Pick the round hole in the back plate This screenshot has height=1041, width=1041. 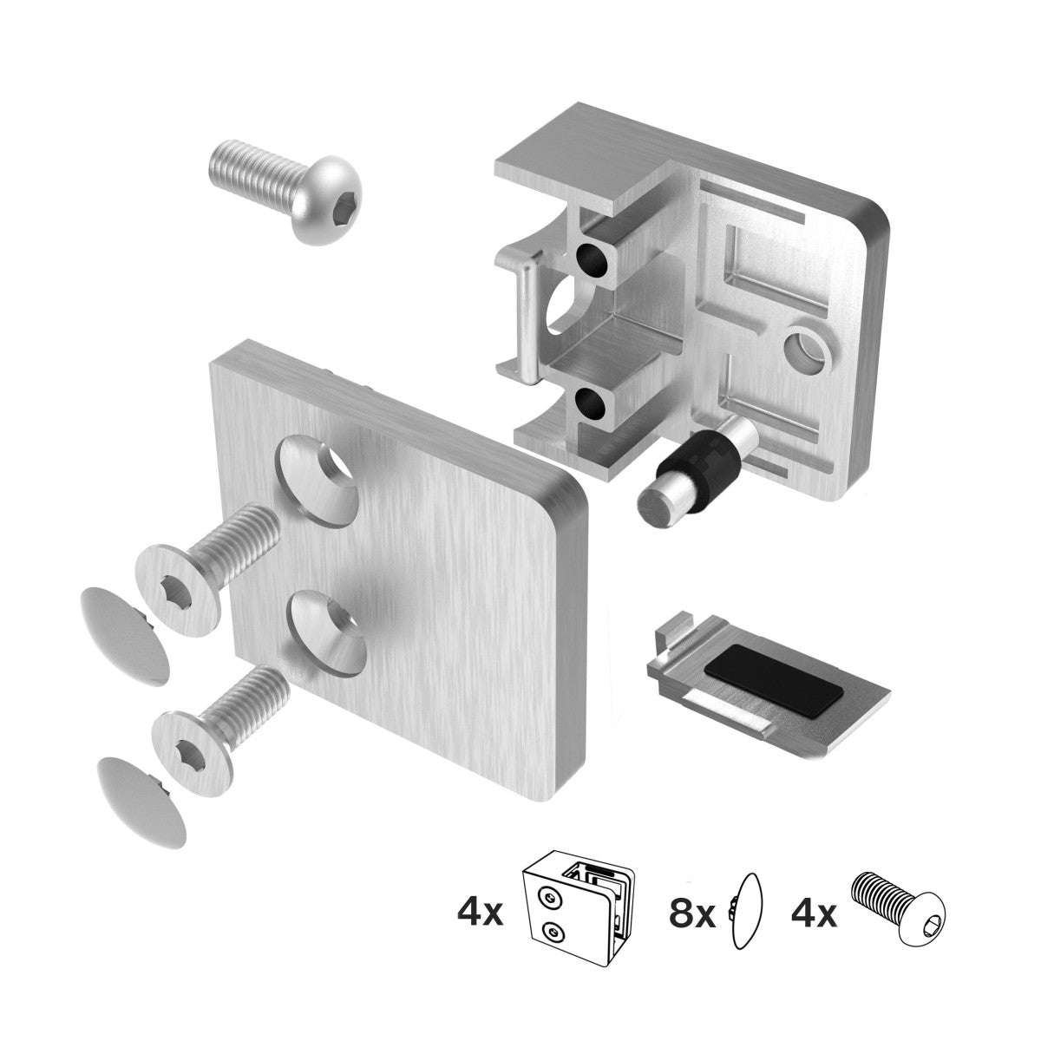click(806, 350)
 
